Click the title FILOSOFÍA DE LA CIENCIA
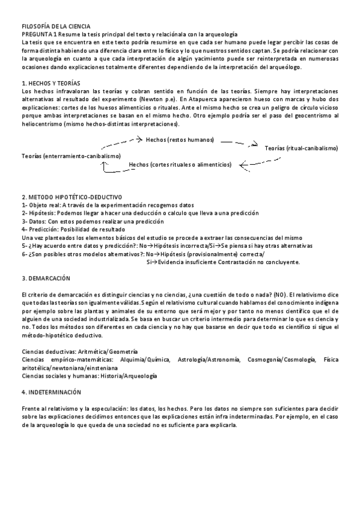[55, 26]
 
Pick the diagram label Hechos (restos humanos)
[180, 140]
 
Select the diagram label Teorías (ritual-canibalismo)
[301, 148]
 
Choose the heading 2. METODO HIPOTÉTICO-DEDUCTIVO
[72, 197]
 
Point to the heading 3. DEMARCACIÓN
[46, 278]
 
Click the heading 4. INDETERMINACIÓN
[51, 392]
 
